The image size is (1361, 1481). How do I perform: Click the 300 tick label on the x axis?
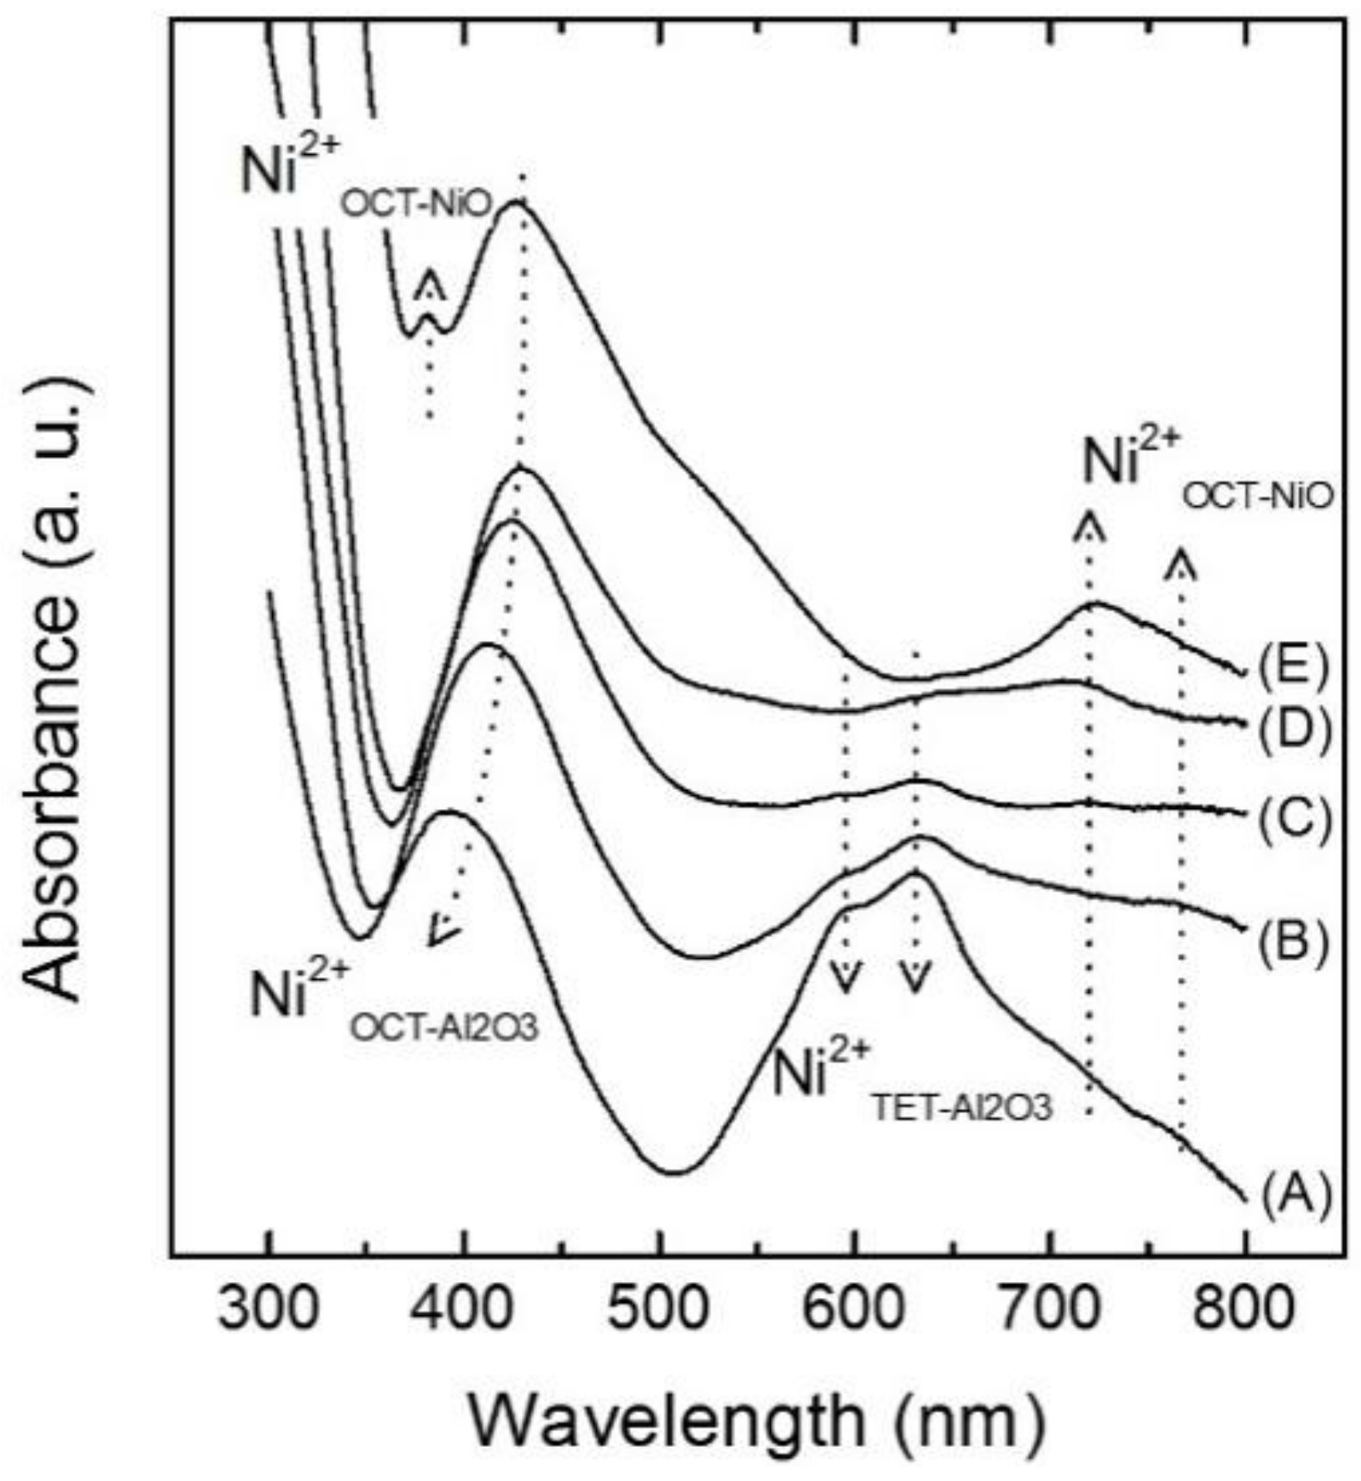tap(268, 1310)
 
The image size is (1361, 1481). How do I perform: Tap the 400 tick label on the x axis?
tap(464, 1310)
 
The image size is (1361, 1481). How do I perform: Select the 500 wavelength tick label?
tap(659, 1310)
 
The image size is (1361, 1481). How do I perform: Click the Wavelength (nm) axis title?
tap(755, 1419)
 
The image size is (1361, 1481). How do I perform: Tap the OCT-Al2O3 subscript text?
tap(444, 1028)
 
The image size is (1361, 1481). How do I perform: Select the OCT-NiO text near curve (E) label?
tap(1258, 497)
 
